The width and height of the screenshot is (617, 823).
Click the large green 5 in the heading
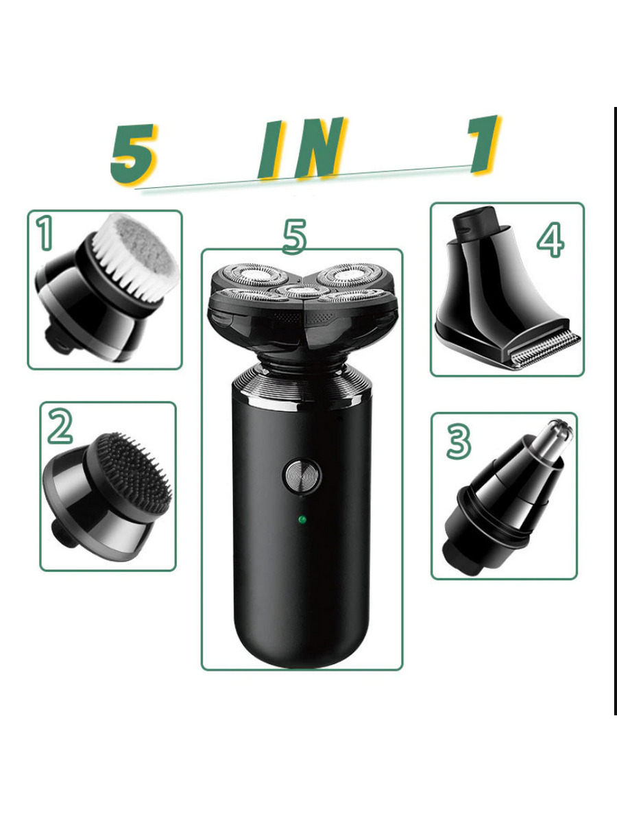pos(134,154)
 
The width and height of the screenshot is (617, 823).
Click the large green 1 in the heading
pos(484,144)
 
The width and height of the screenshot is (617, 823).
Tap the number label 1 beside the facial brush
pos(45,233)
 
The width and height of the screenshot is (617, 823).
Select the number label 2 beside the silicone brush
pos(60,426)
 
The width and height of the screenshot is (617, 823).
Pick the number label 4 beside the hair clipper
pos(551,240)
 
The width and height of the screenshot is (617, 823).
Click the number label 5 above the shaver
pos(295,237)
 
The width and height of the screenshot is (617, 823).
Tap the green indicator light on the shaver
pos(302,519)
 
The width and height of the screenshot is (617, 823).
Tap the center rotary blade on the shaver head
pos(302,290)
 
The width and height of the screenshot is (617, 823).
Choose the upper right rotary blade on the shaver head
pos(350,274)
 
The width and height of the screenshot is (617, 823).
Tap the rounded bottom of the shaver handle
pos(301,645)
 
